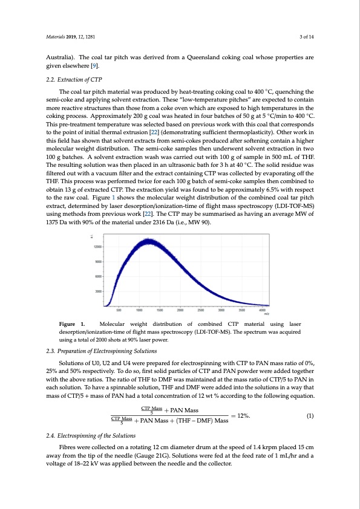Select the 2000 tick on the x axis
[180, 310]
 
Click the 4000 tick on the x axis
[262, 310]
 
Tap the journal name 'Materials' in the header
[56, 37]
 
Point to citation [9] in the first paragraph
[94, 66]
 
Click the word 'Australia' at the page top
[59, 58]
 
